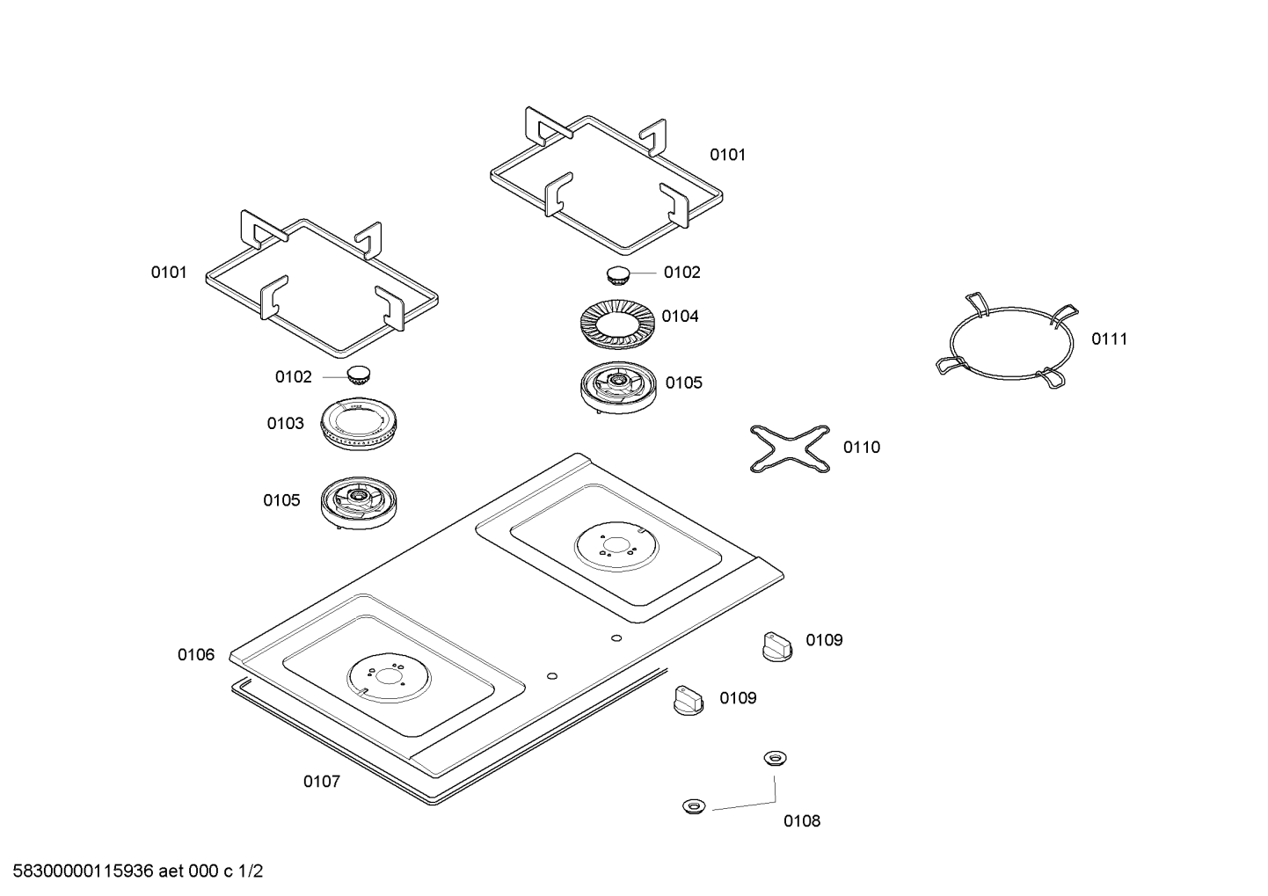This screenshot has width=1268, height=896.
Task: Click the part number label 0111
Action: pyautogui.click(x=1109, y=339)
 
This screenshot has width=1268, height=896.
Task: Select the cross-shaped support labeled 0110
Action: pyautogui.click(x=790, y=448)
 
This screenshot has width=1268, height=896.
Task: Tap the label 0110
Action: pyautogui.click(x=861, y=447)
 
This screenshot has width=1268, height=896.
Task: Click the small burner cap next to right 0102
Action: pyautogui.click(x=619, y=273)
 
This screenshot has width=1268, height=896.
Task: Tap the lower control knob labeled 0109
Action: pyautogui.click(x=688, y=701)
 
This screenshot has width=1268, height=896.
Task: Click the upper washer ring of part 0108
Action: pyautogui.click(x=774, y=757)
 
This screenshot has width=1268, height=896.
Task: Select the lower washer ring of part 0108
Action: pyautogui.click(x=694, y=805)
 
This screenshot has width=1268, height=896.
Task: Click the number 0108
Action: pyautogui.click(x=801, y=820)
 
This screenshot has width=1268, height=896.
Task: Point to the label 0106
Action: pyautogui.click(x=195, y=654)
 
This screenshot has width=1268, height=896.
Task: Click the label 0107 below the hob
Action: pyautogui.click(x=321, y=781)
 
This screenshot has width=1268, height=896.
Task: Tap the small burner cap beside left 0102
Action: pyautogui.click(x=358, y=375)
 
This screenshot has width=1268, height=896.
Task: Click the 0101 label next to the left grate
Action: pyautogui.click(x=168, y=272)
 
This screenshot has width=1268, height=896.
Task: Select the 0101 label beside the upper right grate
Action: pyautogui.click(x=727, y=155)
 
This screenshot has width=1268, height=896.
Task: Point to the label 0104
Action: pyautogui.click(x=680, y=316)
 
